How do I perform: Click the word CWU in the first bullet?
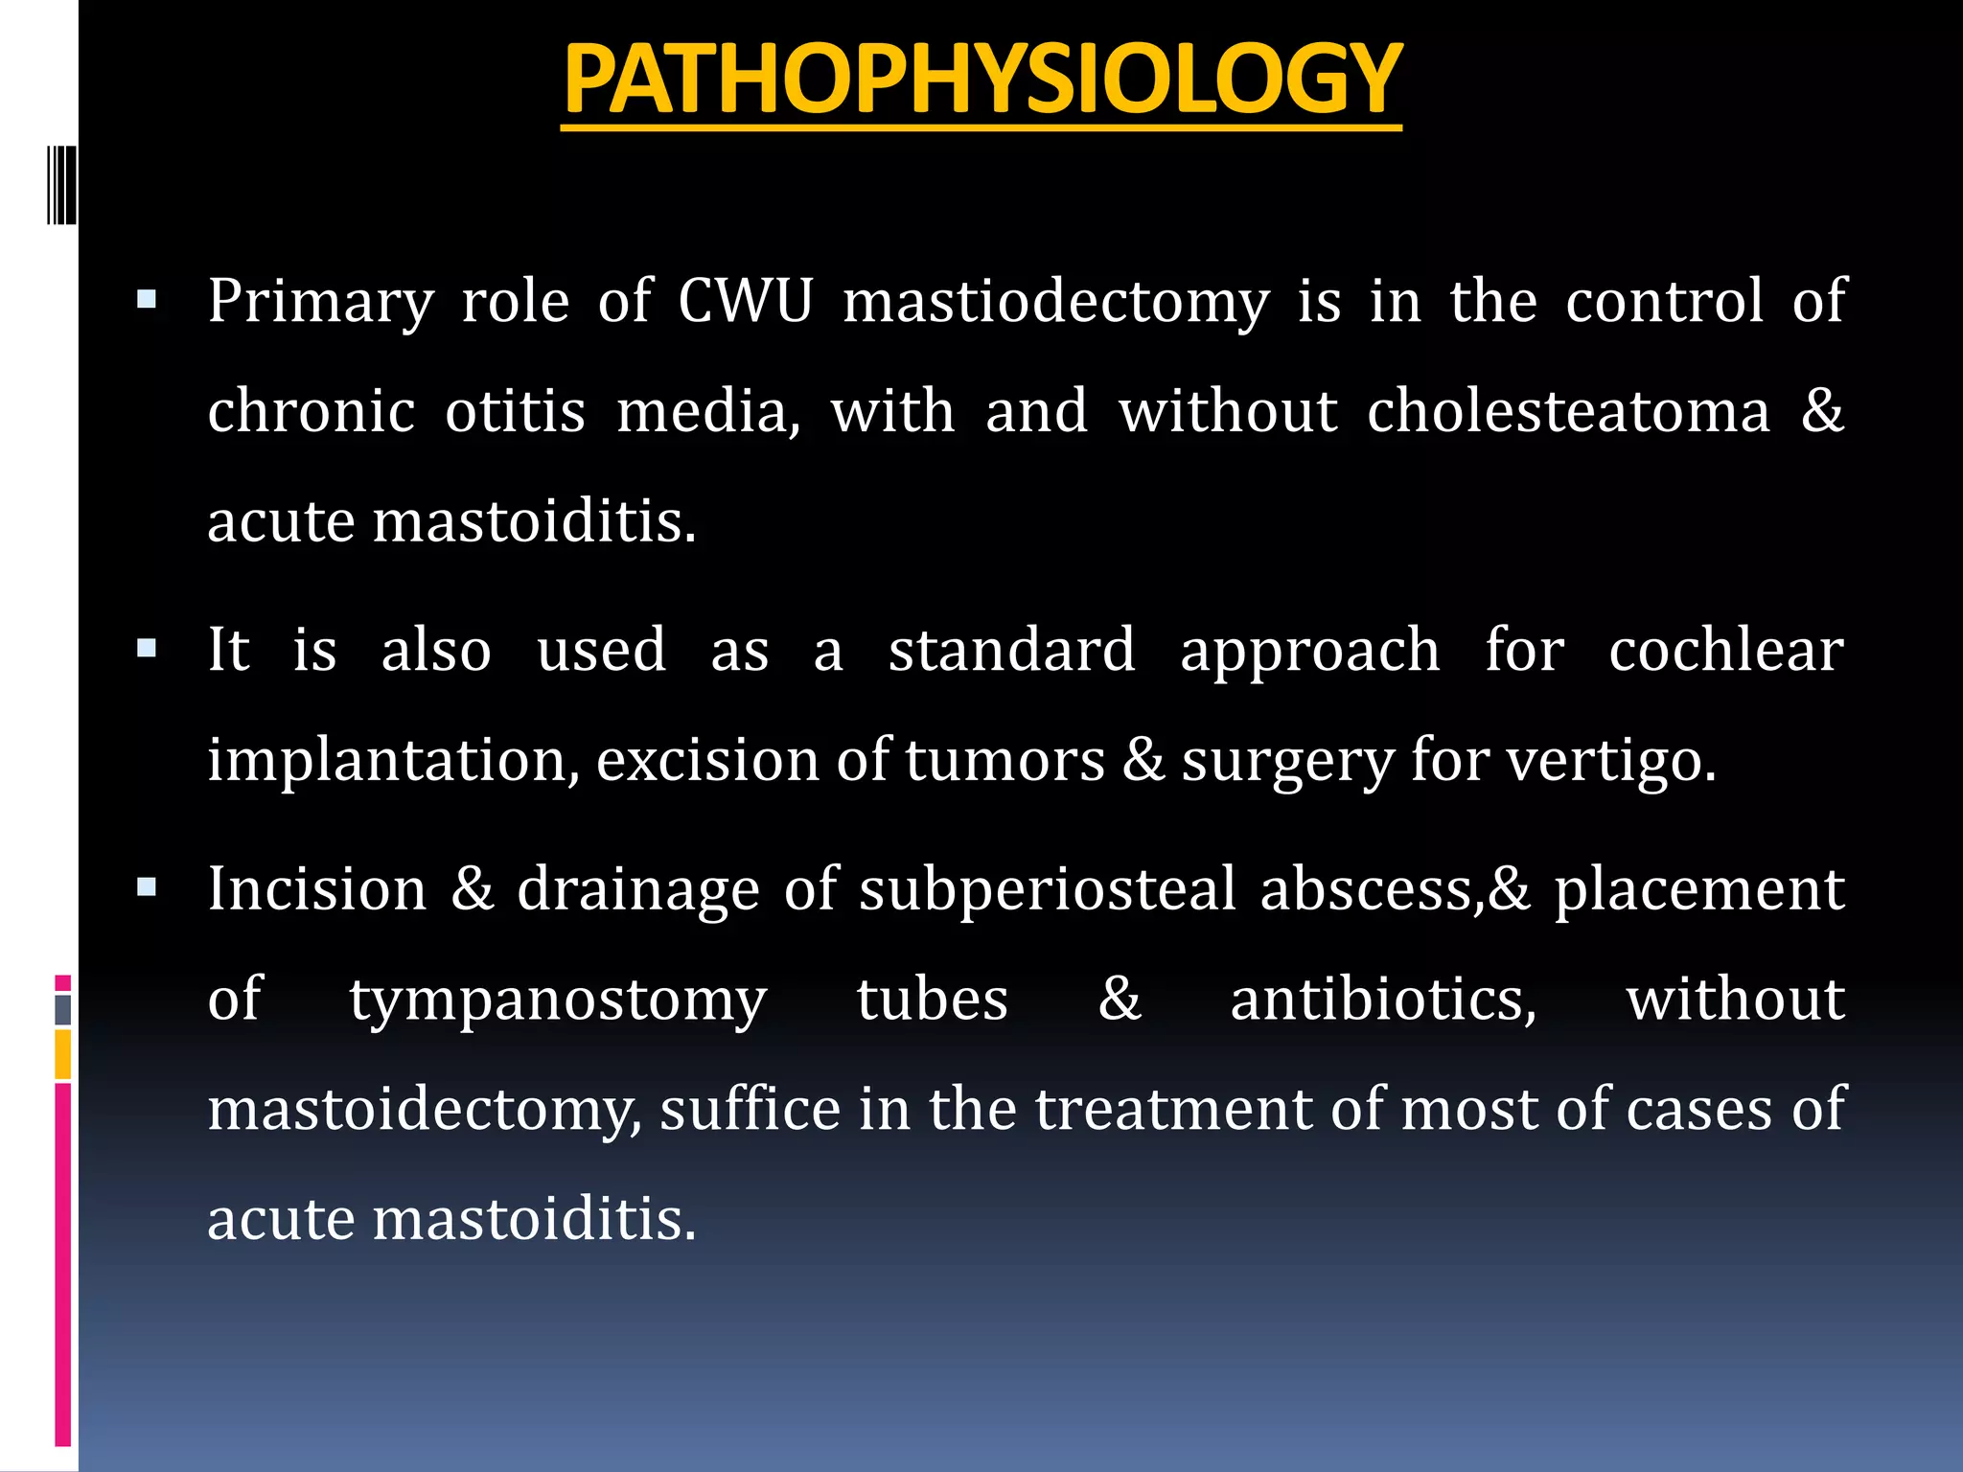pos(745,301)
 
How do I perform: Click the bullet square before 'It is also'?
pos(147,650)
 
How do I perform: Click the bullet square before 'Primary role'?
pos(147,301)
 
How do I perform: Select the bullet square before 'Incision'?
pos(147,888)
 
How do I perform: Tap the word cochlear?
pos(1725,651)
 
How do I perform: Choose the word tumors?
pos(1005,761)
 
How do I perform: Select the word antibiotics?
pos(1383,1000)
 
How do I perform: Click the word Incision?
pos(317,889)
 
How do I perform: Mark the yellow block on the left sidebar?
pos(62,1054)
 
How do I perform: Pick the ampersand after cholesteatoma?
pos(1822,410)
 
